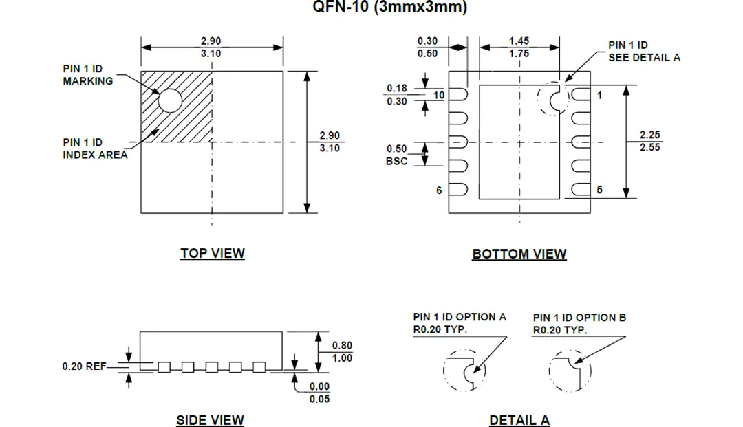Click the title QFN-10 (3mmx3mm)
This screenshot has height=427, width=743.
(x=389, y=7)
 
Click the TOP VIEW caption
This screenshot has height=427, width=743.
(x=213, y=253)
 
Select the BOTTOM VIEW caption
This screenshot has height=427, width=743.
(x=519, y=254)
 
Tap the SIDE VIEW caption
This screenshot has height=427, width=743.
(x=210, y=420)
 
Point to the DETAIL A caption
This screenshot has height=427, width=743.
(x=519, y=420)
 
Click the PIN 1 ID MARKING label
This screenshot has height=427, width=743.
(x=88, y=75)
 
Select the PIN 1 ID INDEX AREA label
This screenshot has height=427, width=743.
(x=95, y=149)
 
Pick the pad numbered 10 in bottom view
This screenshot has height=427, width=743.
(x=458, y=95)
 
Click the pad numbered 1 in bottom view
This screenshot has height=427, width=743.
(x=581, y=95)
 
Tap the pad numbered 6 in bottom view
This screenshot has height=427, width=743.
(x=458, y=189)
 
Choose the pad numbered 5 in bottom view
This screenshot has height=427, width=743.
(x=581, y=189)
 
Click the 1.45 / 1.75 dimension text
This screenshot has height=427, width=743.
(x=519, y=47)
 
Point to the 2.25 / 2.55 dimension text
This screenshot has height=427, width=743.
(x=649, y=141)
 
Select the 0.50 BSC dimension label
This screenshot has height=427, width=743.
(x=397, y=155)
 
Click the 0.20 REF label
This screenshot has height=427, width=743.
(x=85, y=366)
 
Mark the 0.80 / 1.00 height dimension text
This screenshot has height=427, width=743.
(x=342, y=352)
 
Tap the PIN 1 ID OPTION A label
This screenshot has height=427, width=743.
(x=460, y=323)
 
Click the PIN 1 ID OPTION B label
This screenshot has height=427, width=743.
(x=579, y=323)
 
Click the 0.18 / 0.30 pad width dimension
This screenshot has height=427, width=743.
(x=397, y=95)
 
